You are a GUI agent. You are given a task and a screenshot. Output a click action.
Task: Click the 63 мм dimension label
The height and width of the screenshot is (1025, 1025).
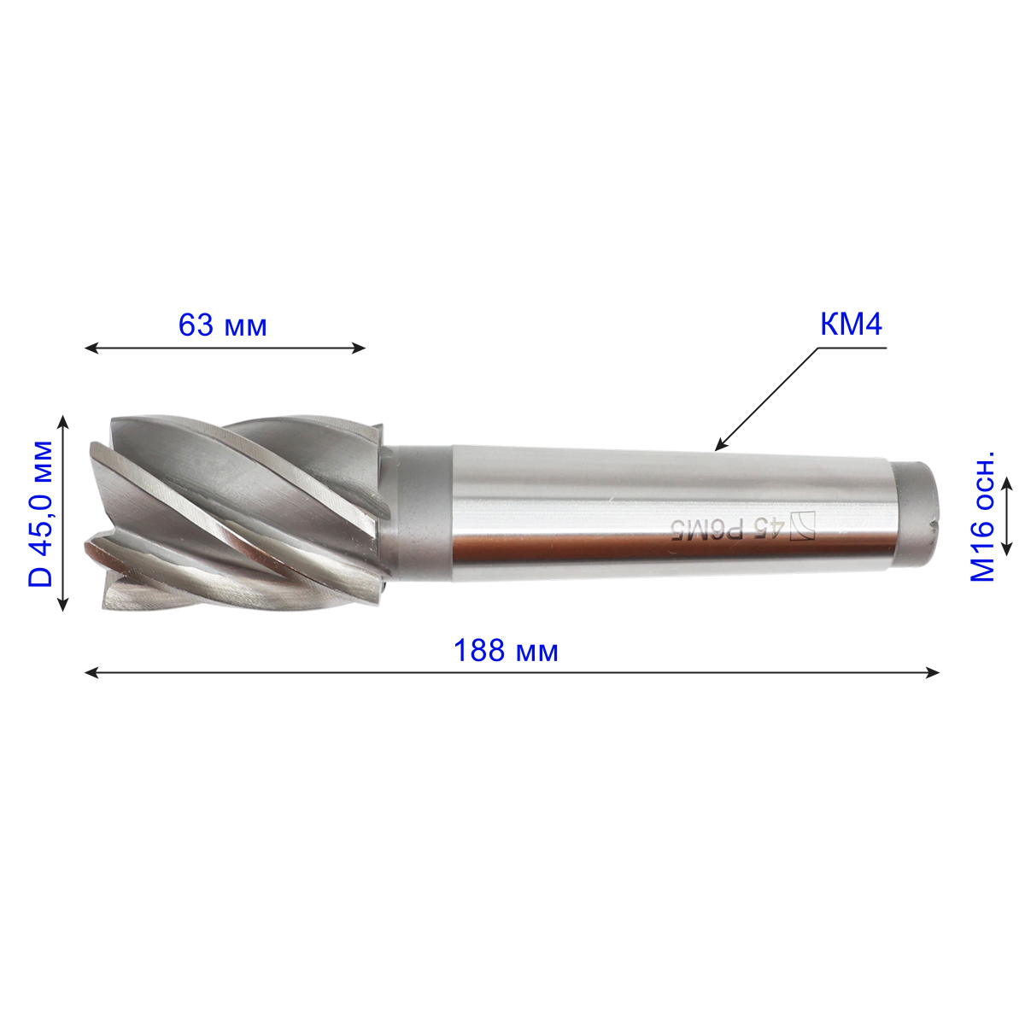222,325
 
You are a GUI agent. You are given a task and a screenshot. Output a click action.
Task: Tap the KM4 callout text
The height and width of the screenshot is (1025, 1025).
851,325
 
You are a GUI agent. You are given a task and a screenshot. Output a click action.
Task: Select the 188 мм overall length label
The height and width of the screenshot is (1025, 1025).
506,651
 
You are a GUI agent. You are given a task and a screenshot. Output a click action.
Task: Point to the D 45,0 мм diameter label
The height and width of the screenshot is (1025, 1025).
41,513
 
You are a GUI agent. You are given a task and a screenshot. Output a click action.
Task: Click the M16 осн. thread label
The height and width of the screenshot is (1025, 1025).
982,516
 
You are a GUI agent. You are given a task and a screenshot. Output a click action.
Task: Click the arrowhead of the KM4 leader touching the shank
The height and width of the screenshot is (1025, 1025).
720,446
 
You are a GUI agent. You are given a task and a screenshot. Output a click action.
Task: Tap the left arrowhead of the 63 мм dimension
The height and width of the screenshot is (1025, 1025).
91,348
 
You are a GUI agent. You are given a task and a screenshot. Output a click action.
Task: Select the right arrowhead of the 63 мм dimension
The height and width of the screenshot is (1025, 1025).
359,348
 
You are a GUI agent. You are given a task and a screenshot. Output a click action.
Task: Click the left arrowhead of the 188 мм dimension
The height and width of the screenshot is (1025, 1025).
91,673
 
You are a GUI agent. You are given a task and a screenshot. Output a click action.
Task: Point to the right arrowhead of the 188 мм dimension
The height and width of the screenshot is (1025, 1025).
933,673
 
